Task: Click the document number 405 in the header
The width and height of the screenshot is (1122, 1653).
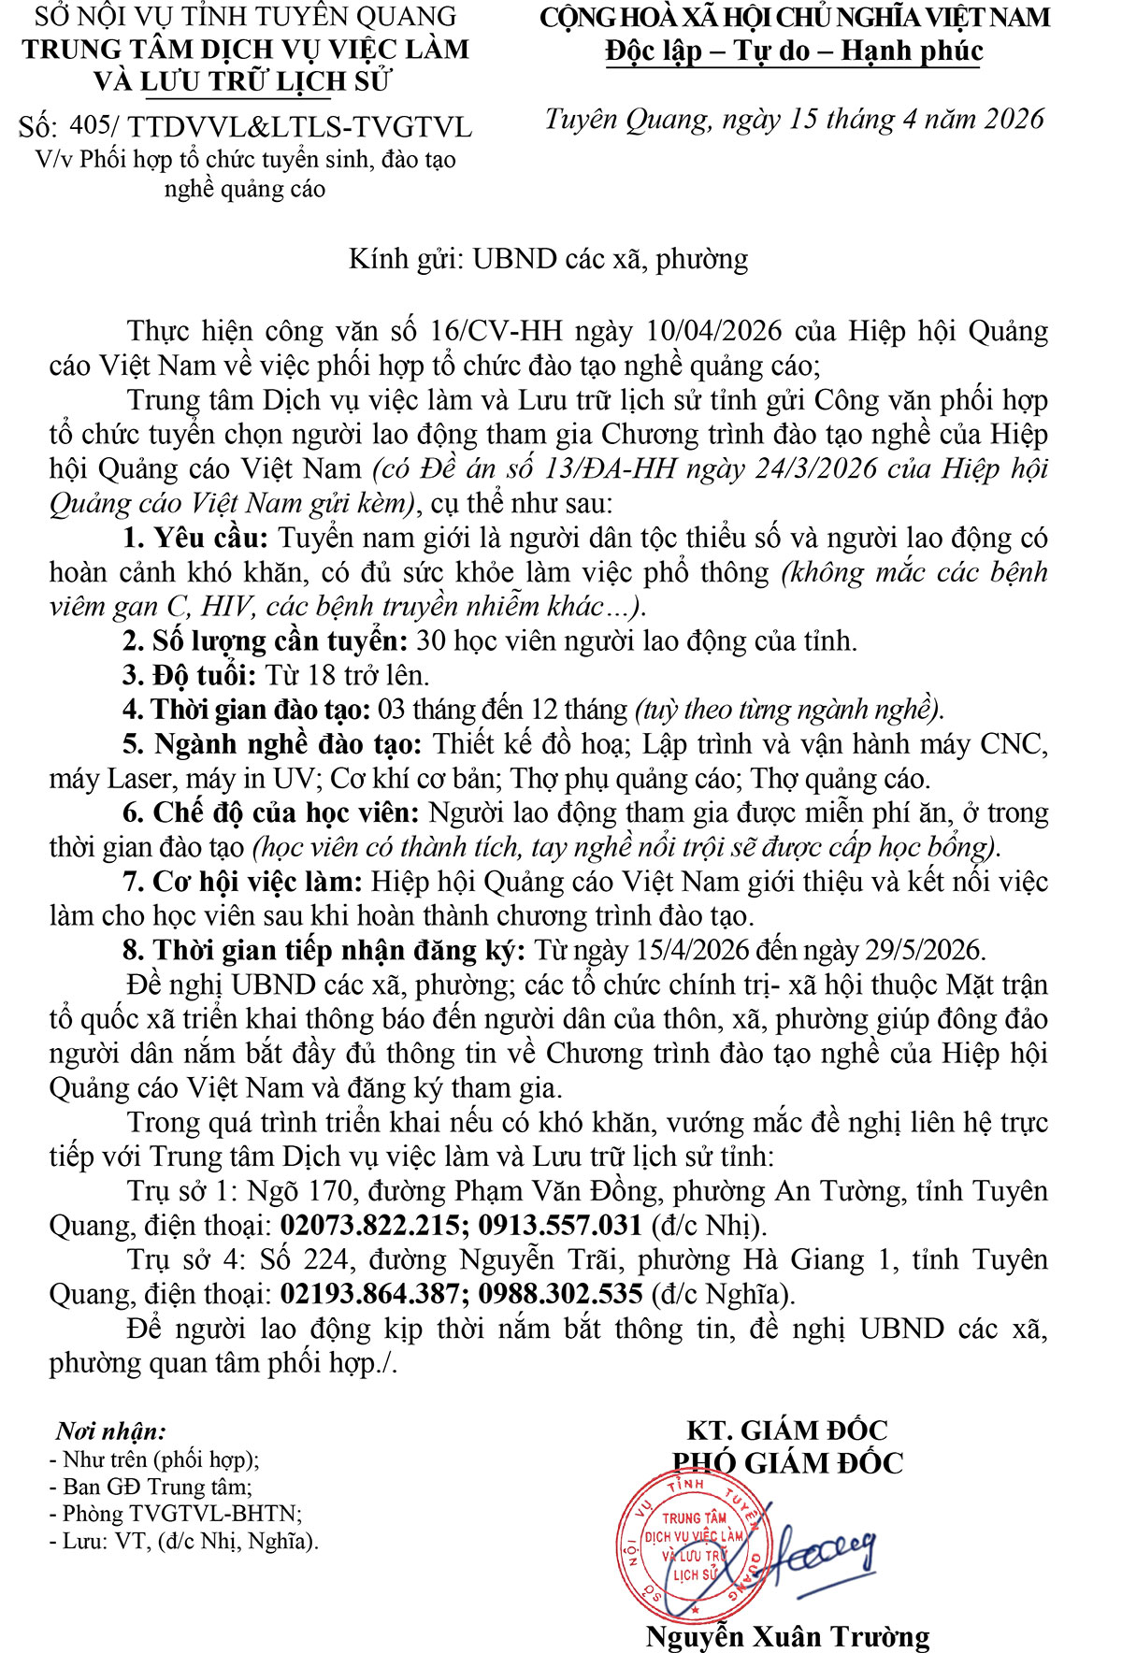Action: (91, 125)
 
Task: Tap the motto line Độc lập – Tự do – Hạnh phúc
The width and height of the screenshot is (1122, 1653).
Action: (794, 50)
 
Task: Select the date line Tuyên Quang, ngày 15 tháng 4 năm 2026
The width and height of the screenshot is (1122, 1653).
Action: (794, 120)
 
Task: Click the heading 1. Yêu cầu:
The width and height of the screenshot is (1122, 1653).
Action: (195, 538)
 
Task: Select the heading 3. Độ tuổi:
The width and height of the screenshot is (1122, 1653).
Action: (190, 675)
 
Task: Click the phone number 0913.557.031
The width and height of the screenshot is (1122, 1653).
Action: (560, 1226)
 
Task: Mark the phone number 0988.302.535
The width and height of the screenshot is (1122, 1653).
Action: (560, 1294)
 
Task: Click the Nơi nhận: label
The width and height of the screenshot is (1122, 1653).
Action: (110, 1431)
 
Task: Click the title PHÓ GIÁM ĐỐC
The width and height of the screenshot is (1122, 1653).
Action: (787, 1463)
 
